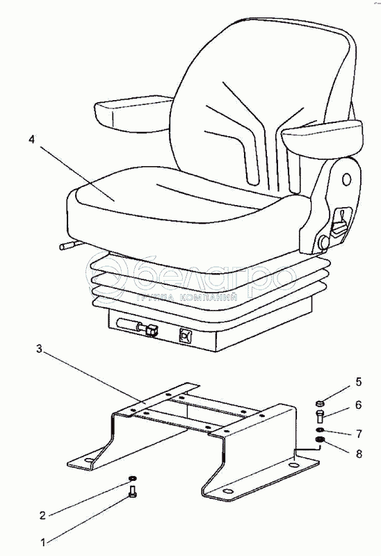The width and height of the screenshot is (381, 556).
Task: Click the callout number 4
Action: click(x=32, y=140)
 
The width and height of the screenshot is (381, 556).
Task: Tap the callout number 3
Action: click(x=39, y=349)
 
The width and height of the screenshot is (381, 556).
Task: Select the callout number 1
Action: click(x=43, y=542)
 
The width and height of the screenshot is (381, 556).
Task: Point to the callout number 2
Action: click(x=42, y=515)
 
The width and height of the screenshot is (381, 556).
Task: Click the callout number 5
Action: click(x=359, y=382)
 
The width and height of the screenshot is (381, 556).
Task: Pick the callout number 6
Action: click(x=358, y=404)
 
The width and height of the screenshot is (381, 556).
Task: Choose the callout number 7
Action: click(x=359, y=433)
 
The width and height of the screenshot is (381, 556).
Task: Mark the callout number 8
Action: click(x=359, y=454)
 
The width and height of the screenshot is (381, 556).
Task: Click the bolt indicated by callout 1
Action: click(x=133, y=492)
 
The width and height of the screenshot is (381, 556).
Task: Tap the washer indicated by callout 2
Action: click(x=132, y=479)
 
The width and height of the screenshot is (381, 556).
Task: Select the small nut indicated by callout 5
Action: click(x=319, y=403)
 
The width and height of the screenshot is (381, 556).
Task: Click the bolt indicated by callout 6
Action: click(x=319, y=416)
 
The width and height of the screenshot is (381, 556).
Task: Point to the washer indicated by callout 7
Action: click(x=320, y=430)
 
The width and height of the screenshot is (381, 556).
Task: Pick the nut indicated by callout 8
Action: click(x=320, y=441)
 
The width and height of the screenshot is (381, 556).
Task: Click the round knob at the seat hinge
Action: click(x=324, y=242)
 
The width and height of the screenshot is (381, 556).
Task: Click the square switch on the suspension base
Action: click(x=186, y=336)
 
